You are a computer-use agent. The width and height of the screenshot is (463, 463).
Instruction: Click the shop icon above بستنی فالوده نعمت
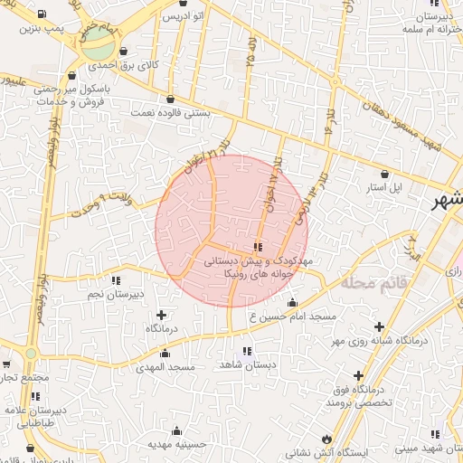170,99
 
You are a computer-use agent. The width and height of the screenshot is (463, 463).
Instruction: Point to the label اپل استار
408,188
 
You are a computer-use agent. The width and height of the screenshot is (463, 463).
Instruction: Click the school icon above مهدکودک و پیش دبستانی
259,246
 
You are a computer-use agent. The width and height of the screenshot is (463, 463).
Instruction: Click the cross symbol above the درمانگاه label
161,315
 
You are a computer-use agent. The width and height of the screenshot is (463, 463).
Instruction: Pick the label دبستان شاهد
247,364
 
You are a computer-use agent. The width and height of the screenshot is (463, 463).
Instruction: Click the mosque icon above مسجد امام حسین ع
291,303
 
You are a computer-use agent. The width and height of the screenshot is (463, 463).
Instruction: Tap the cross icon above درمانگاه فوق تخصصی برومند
358,375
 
